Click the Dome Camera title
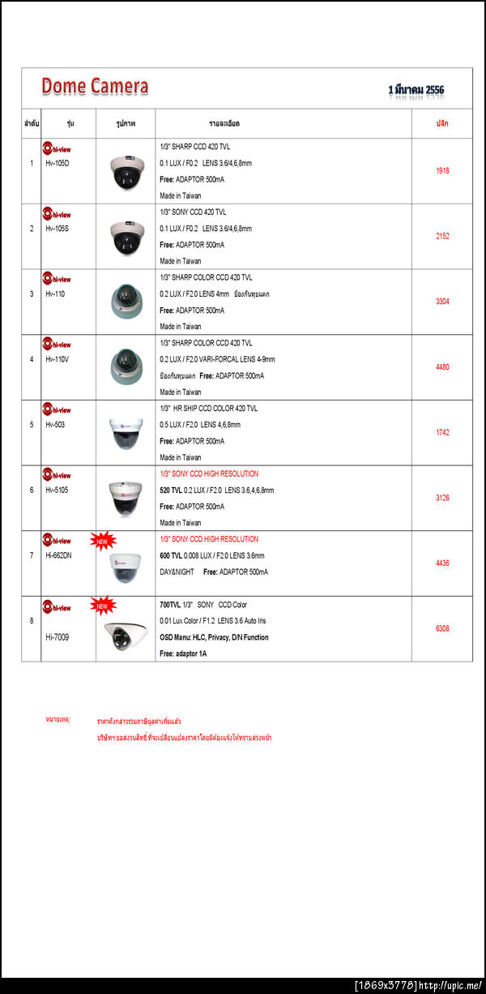[95, 86]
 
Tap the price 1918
[442, 171]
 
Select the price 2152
[442, 237]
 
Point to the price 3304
[442, 302]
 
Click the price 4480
[442, 367]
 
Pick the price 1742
[442, 433]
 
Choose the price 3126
[442, 498]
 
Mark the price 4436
[442, 563]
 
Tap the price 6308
[442, 628]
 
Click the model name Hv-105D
[58, 163]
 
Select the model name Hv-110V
[58, 359]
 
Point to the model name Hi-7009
[58, 637]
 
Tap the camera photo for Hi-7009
[126, 636]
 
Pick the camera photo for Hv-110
[126, 302]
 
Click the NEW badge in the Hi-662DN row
[102, 541]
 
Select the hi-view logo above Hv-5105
[58, 476]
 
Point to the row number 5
[32, 425]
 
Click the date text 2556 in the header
[431, 89]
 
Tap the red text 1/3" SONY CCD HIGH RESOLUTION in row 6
[209, 473]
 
